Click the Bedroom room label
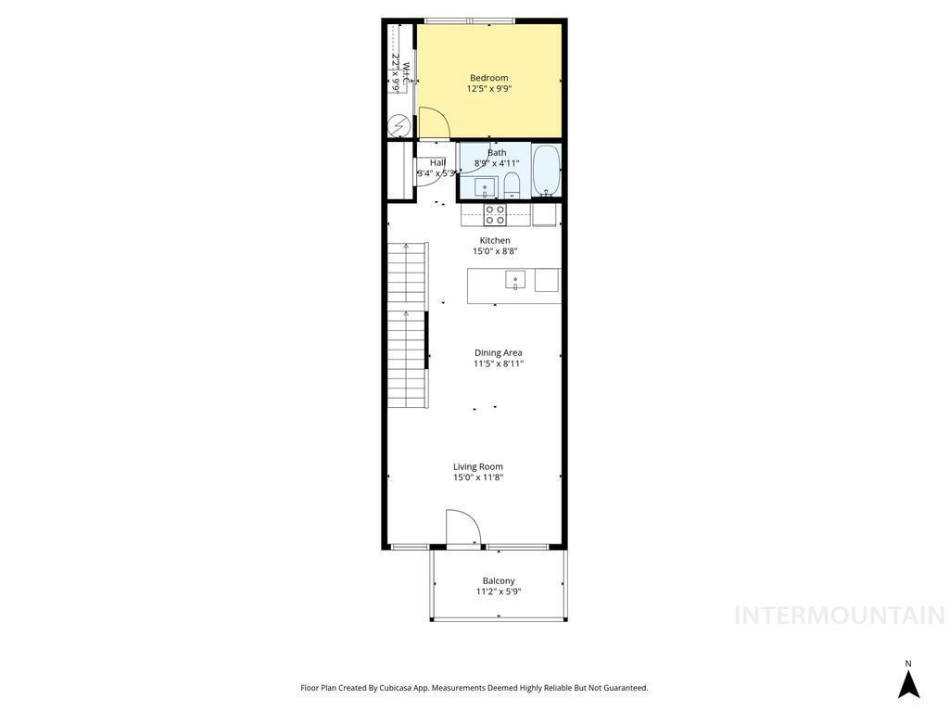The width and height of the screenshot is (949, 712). coord(488,78)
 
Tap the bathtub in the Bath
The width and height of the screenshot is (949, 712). coord(546,171)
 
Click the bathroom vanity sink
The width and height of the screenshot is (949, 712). coord(485,188)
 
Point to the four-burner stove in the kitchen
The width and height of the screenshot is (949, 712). coord(495,215)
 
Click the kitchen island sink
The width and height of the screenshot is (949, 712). coord(515,279)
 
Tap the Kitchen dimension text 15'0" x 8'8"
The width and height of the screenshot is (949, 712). coord(495,251)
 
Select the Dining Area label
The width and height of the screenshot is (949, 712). coord(499,352)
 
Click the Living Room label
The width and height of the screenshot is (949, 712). coord(478,466)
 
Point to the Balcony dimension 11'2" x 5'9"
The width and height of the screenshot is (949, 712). coord(499,591)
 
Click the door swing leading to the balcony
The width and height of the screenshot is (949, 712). coord(462,527)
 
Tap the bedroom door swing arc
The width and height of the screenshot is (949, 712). coord(434,122)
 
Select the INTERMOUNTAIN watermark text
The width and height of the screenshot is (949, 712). coord(839,616)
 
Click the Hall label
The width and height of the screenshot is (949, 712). coord(437,162)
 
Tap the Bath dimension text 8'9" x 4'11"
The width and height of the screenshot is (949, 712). coord(497,163)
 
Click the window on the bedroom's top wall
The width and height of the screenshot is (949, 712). coord(471,20)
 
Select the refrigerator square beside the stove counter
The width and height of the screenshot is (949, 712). coord(544,215)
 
